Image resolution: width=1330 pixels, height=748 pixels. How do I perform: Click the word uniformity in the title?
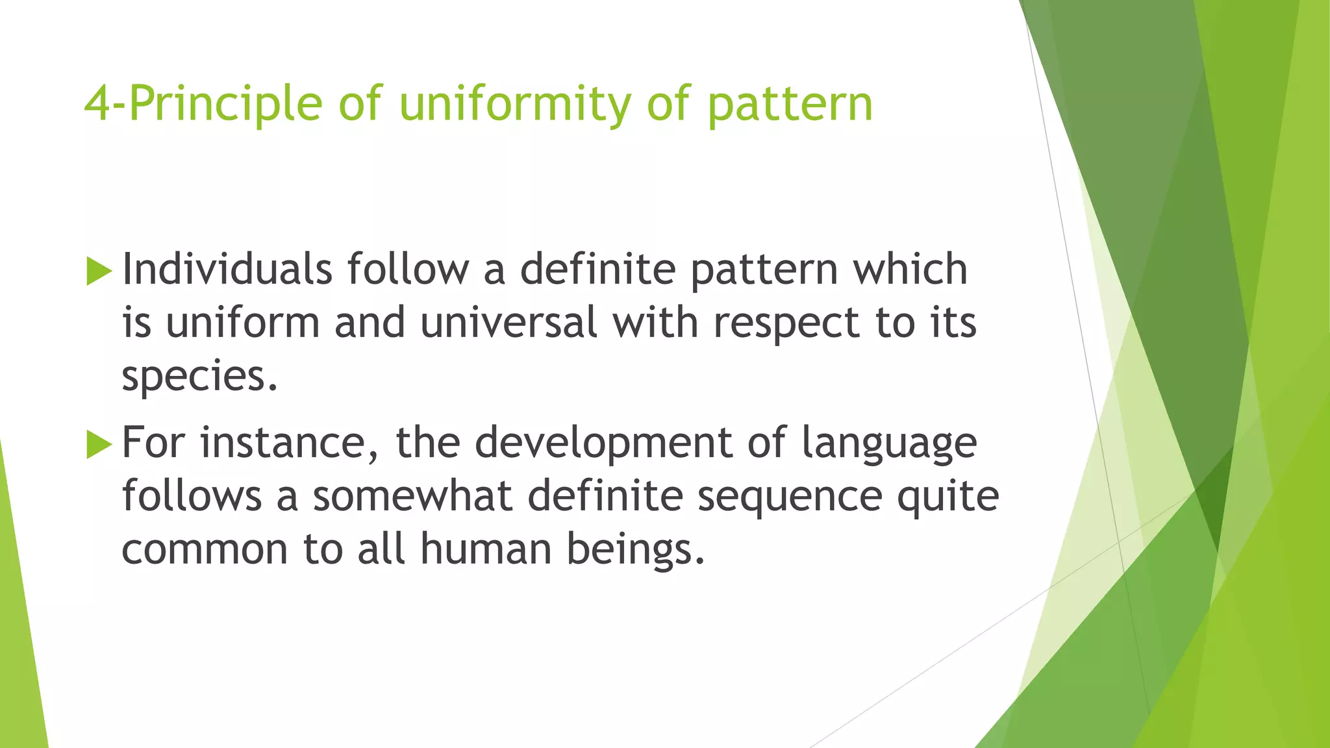(514, 105)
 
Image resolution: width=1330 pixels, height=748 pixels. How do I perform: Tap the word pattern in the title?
(790, 105)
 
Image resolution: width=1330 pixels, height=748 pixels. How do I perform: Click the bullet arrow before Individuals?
(99, 271)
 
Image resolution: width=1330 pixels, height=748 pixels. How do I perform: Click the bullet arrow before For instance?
(99, 445)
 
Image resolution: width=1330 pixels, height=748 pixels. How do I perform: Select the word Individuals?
(227, 269)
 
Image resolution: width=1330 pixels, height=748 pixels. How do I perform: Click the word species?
(199, 377)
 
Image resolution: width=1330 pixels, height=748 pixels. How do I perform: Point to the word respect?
(786, 324)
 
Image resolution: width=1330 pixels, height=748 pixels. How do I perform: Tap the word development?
(603, 445)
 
